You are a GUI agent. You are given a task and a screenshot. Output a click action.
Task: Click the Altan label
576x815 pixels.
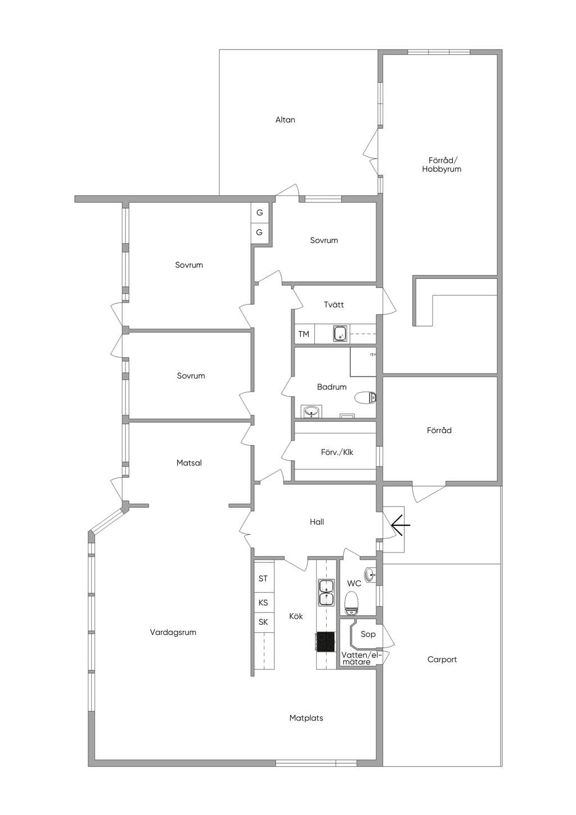285,120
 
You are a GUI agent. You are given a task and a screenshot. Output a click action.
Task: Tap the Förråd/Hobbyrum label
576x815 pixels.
442,164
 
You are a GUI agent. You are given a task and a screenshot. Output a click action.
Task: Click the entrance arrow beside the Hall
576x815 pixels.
400,525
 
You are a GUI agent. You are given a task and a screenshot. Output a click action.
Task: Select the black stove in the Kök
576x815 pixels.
326,642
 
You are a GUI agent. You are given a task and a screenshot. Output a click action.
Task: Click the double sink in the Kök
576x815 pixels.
326,593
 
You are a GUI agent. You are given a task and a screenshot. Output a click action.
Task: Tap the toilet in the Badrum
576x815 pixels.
365,397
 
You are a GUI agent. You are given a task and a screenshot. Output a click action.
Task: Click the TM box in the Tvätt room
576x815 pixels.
304,334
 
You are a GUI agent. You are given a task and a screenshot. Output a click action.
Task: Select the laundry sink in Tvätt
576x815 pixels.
340,334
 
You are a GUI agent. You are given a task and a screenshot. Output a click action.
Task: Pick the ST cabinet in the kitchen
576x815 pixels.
263,579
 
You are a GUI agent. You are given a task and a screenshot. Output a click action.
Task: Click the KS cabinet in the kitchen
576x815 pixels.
263,602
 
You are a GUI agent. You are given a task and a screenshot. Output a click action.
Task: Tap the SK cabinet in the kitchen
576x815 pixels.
263,622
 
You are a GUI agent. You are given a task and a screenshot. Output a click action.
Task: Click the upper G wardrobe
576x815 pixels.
259,213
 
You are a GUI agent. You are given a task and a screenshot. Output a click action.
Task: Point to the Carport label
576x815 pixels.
442,659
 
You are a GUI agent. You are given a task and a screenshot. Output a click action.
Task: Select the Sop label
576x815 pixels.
368,634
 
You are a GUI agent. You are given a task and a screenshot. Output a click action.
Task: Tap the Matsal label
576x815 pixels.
189,463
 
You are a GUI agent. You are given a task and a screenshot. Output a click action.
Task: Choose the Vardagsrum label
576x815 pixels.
173,632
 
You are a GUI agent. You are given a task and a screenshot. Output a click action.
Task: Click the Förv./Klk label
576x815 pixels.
337,452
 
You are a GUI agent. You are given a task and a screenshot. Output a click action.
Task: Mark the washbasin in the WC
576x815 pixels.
370,575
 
